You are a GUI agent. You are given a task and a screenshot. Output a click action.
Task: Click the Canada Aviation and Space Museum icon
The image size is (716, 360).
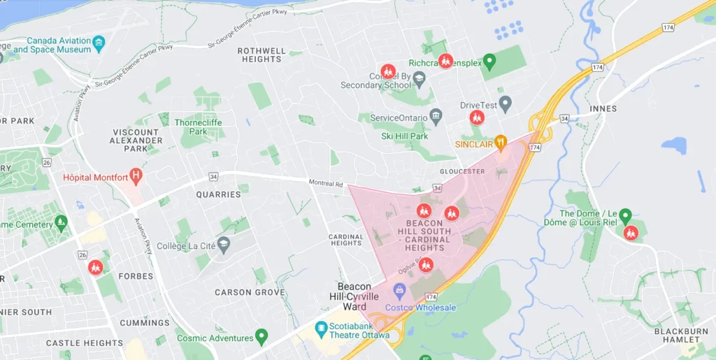pos(99,43)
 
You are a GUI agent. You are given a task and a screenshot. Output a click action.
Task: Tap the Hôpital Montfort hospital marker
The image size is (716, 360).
pos(136,175)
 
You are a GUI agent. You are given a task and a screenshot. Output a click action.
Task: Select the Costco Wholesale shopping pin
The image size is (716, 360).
pos(399,289)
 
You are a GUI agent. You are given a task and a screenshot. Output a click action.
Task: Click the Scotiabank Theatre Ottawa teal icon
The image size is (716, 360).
pos(321,328)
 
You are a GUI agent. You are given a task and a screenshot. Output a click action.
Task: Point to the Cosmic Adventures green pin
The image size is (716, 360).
pos(262,336)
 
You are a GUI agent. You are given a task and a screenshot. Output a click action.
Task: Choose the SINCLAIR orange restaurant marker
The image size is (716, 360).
pos(501,142)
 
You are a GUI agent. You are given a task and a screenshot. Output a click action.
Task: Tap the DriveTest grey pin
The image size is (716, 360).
pos(506,103)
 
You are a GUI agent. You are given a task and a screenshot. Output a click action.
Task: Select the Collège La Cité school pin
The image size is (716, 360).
pos(224,245)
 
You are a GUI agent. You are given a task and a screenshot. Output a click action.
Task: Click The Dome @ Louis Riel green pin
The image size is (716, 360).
pos(626,215)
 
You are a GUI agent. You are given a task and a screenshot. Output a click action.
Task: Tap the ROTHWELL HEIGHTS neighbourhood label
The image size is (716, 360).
pos(262,55)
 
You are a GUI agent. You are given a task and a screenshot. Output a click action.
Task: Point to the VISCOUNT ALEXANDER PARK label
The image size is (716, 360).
pos(136,140)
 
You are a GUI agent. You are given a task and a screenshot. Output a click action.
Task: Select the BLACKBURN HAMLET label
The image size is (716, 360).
pos(677,336)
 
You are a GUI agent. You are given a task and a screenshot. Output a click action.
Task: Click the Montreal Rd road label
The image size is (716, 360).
pos(326,184)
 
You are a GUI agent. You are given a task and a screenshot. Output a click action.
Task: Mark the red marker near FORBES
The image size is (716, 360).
pos(96,266)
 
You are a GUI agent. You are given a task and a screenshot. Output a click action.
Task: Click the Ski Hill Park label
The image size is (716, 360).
pos(404,136)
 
